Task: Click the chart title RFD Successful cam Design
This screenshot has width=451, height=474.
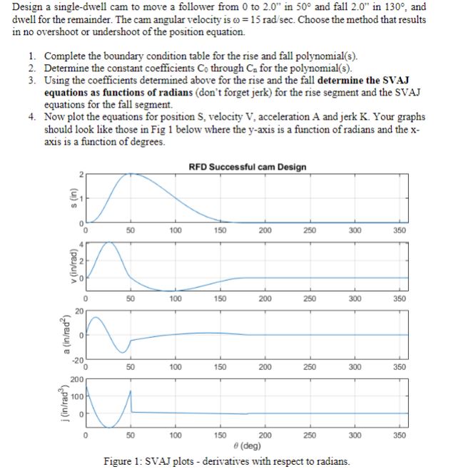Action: [x=248, y=167]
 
